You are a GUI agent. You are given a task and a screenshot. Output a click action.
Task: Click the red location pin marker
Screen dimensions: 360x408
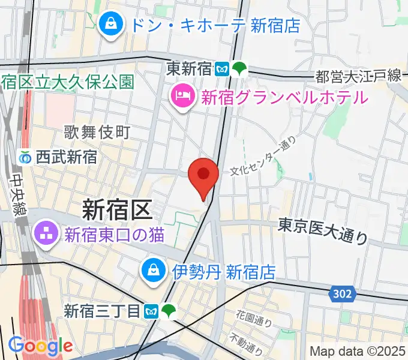[x=203, y=176]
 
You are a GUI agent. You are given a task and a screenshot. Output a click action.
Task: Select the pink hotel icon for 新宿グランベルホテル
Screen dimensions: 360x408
[x=181, y=95]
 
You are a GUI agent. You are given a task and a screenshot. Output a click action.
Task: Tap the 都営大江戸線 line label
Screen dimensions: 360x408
[x=358, y=76]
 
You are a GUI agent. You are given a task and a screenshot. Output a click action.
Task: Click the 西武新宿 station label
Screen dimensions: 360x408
[x=66, y=157]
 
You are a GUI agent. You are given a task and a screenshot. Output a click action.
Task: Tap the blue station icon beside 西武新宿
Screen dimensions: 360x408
[x=25, y=157]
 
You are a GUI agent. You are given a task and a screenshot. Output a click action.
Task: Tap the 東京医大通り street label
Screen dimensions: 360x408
[x=323, y=230]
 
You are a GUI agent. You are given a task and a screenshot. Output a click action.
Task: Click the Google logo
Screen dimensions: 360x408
[x=40, y=346]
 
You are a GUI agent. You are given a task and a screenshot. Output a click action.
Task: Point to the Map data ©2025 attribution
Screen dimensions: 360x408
[x=357, y=350]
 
